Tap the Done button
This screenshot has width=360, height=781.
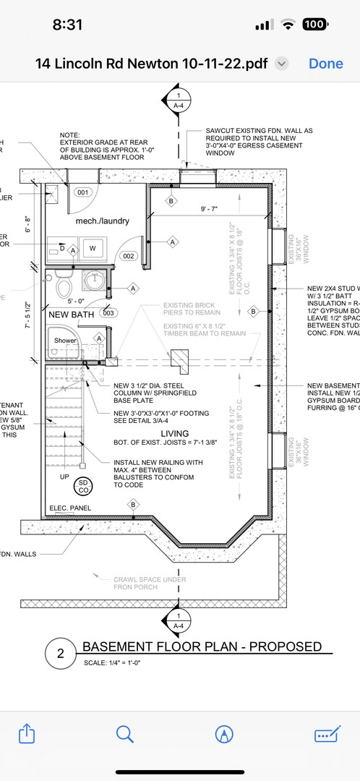(325, 64)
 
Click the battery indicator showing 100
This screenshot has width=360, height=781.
(314, 25)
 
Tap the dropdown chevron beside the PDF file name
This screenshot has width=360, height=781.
(282, 64)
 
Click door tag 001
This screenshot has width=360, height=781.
(83, 192)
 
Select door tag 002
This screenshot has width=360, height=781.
(129, 256)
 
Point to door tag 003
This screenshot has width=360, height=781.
(108, 313)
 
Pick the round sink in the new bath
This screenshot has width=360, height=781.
(92, 280)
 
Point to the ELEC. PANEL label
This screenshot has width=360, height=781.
(70, 508)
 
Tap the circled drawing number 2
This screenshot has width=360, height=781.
(61, 654)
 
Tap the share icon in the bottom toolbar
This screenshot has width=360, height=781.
(26, 734)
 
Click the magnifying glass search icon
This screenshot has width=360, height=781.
(125, 734)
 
